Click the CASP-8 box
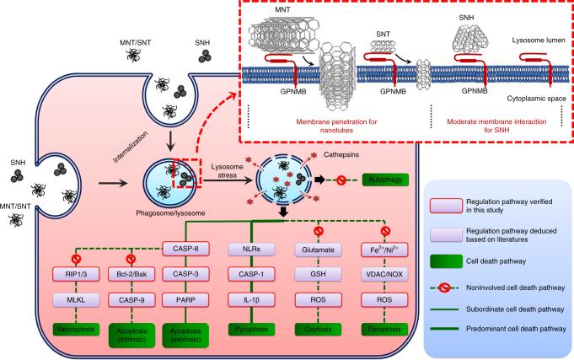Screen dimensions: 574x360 185,249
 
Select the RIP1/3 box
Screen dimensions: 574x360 76,274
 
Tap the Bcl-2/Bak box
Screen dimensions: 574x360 131,274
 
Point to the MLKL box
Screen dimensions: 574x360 76,300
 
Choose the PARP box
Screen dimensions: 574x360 185,300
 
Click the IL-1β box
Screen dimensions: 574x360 251,300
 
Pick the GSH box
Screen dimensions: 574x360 318,274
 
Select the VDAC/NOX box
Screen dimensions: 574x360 384,274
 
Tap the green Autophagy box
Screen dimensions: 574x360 385,180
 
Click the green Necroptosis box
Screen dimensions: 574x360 76,330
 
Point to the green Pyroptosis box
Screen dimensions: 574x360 251,330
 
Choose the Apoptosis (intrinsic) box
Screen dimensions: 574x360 131,335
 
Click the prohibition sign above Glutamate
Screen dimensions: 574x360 318,231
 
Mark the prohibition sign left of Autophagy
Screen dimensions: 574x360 341,180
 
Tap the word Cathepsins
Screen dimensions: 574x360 341,155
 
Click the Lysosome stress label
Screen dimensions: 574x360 227,171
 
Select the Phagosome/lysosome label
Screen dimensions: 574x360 170,213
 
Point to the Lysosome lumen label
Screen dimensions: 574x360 539,40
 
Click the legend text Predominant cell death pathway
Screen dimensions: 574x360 516,329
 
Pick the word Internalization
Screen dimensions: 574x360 131,148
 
